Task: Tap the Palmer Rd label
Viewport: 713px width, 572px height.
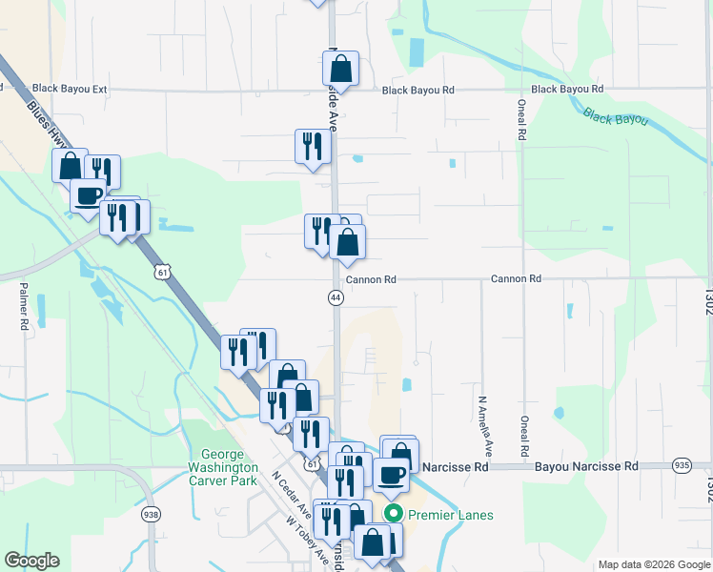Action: (24, 306)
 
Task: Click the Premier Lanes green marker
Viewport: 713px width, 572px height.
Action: (392, 515)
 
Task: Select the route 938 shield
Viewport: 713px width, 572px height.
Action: (151, 514)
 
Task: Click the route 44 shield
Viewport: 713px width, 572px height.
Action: (336, 298)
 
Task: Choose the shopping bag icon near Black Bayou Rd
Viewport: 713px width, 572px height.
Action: (340, 70)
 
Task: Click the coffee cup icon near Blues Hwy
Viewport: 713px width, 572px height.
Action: (89, 195)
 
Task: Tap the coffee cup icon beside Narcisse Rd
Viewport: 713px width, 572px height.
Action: (391, 474)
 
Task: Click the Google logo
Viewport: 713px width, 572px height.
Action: (31, 561)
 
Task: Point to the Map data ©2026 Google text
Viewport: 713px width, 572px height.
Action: (653, 564)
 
